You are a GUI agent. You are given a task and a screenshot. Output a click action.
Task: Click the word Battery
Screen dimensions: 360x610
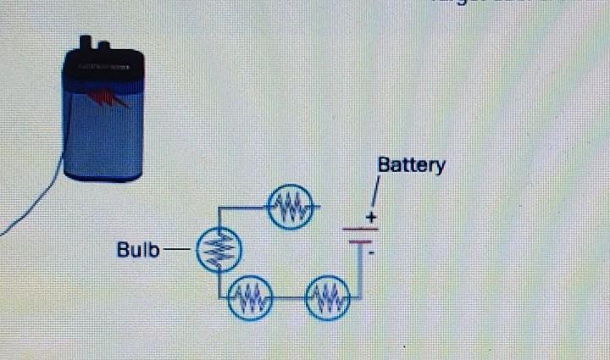click(x=411, y=164)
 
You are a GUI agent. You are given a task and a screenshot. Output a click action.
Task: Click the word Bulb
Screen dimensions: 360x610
click(x=136, y=250)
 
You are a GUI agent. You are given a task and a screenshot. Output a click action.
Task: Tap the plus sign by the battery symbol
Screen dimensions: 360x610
click(x=370, y=219)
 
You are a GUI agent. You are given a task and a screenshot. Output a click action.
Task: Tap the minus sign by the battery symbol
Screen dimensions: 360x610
click(x=372, y=252)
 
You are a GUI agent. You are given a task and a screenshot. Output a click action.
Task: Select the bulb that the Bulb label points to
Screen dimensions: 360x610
click(x=219, y=250)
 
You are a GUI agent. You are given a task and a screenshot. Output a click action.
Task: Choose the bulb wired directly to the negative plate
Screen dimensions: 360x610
click(x=328, y=298)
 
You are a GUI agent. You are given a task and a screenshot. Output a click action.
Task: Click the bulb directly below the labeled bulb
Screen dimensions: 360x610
click(x=249, y=298)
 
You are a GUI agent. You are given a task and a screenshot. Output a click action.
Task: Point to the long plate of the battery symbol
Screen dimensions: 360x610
click(x=359, y=229)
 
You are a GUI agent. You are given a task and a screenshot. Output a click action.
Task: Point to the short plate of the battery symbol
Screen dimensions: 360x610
click(x=360, y=241)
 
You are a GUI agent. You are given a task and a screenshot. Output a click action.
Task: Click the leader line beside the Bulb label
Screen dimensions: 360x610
click(x=178, y=250)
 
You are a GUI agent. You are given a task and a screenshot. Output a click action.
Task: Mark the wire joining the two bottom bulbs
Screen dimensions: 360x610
click(x=288, y=298)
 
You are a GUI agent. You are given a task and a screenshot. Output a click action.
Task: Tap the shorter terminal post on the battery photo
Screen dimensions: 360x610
click(x=104, y=46)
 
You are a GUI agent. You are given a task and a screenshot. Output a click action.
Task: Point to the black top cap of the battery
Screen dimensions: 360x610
click(x=103, y=68)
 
